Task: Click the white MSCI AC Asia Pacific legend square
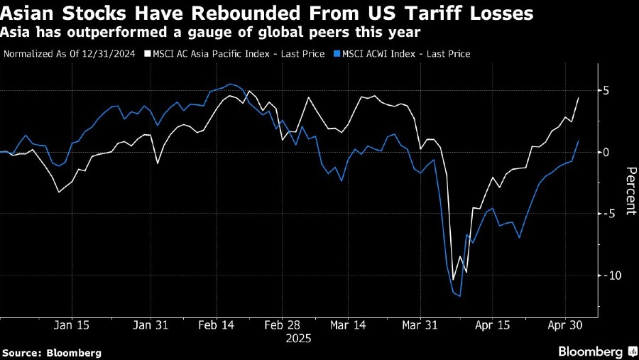point(148,53)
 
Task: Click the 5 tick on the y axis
point(607,91)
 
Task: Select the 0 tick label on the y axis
point(607,152)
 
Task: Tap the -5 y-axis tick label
point(606,213)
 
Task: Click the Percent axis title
point(630,191)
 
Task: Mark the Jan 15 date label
point(71,324)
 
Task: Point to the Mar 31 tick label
point(420,324)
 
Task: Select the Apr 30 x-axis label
point(564,324)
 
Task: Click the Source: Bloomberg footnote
point(52,352)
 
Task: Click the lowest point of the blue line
point(460,296)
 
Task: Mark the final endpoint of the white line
point(578,98)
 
